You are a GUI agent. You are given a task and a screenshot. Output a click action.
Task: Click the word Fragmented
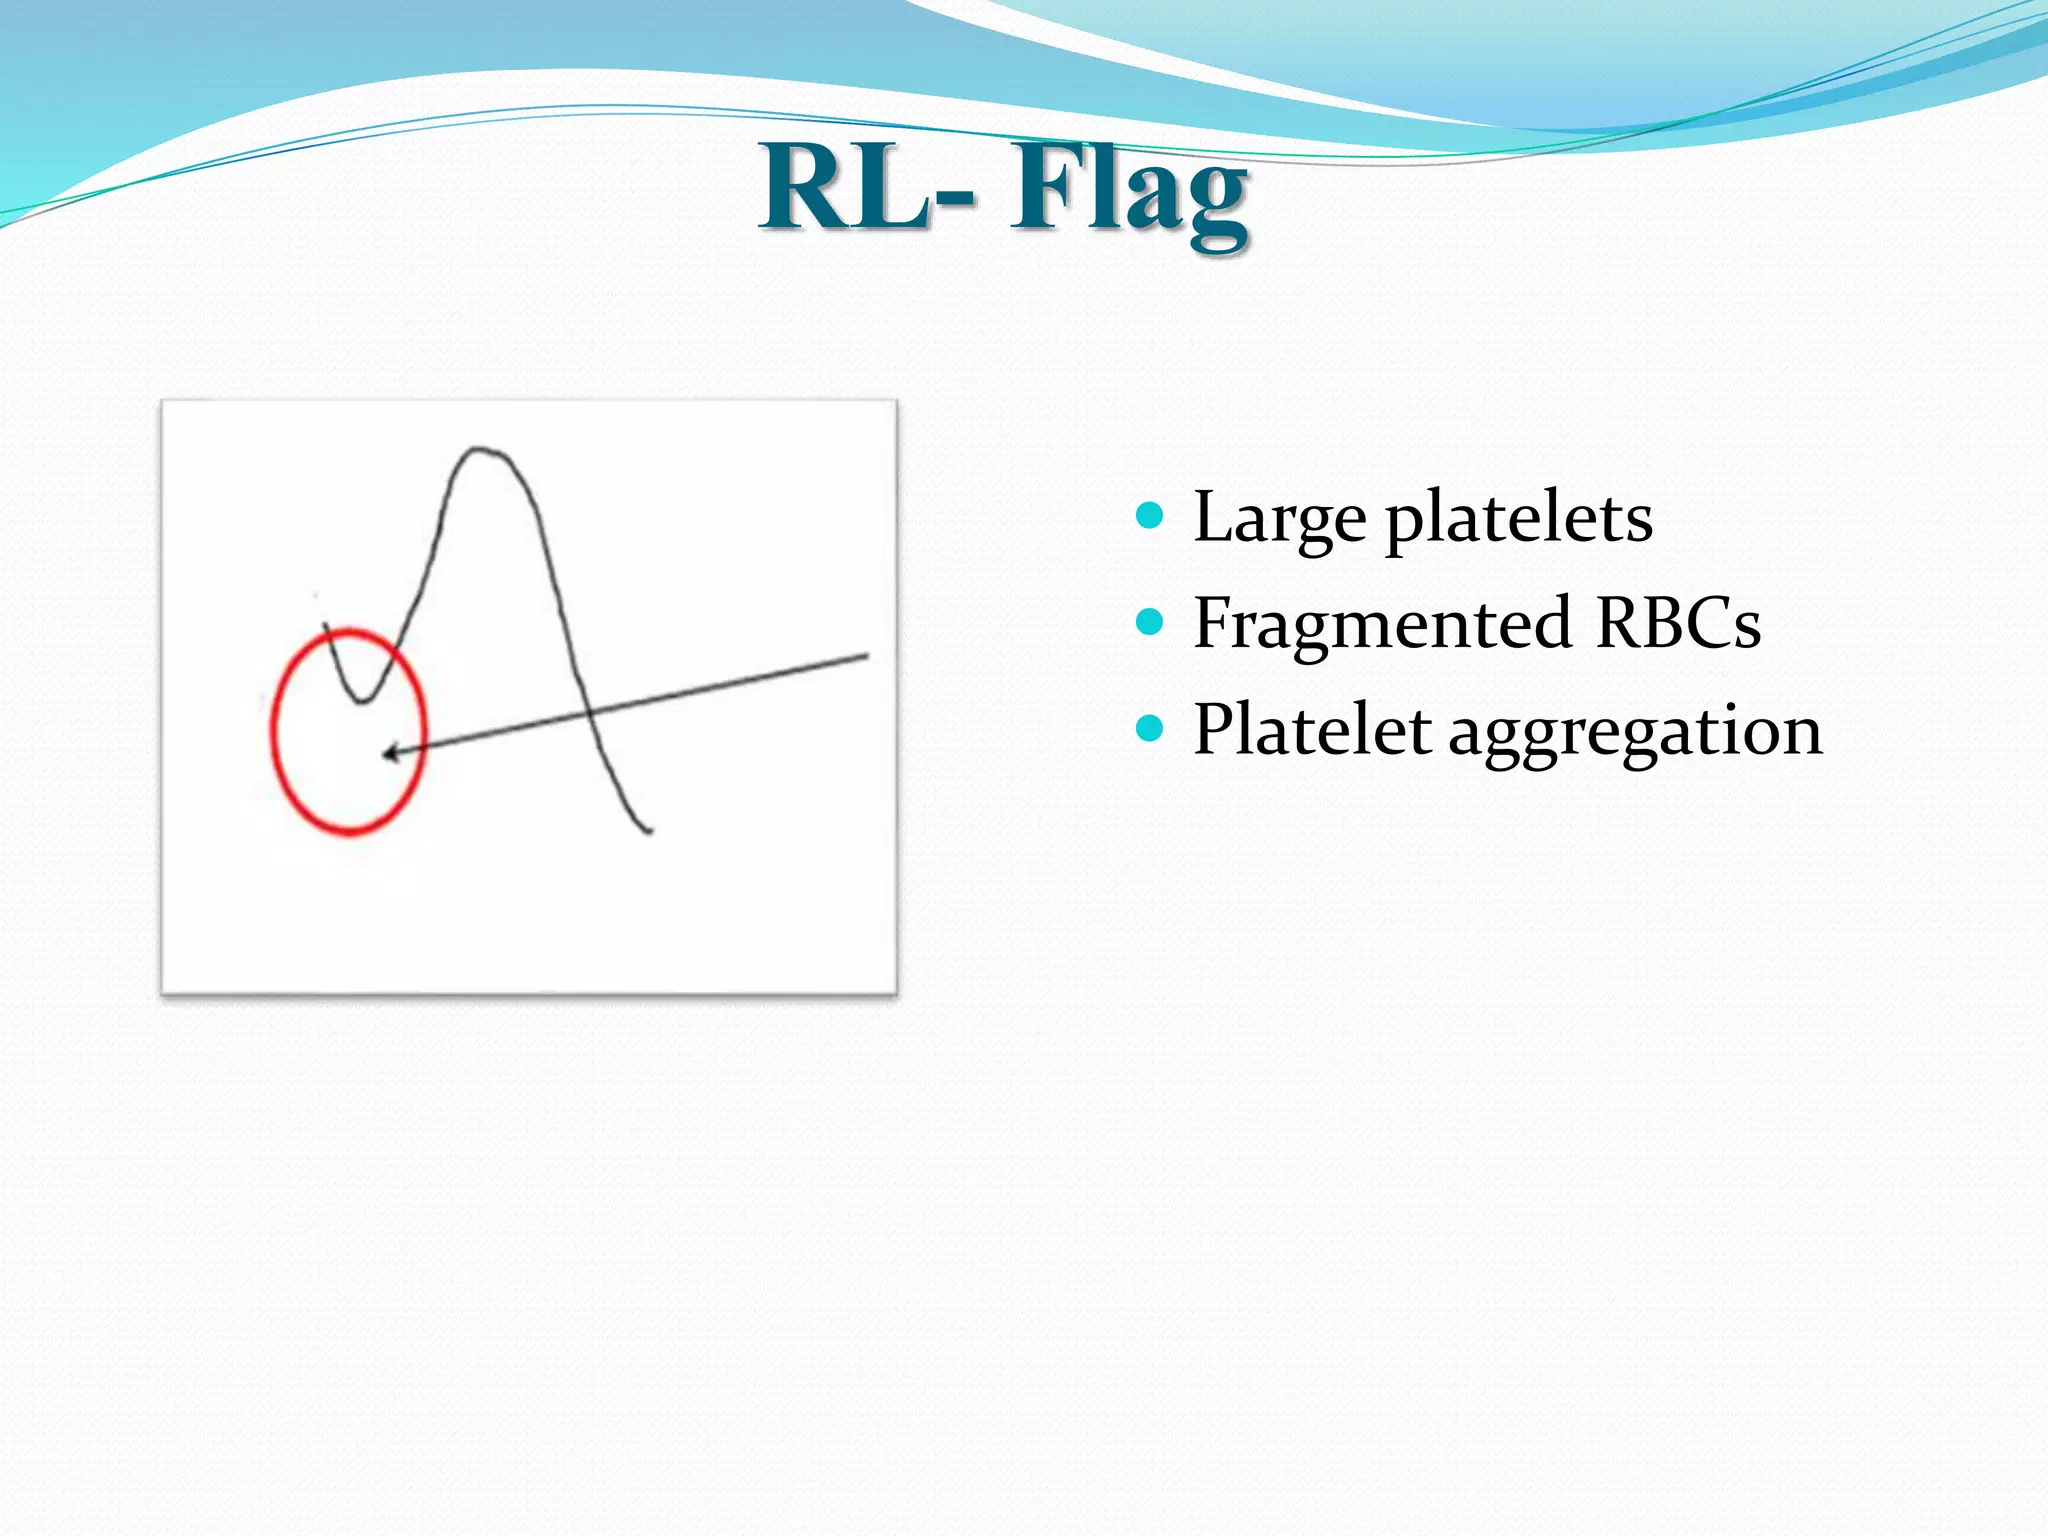[x=1383, y=624]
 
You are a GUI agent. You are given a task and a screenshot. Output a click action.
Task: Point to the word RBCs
[x=1677, y=624]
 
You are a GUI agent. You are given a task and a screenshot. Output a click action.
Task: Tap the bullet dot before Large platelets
[x=1151, y=517]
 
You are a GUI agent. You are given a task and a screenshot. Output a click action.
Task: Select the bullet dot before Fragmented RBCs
[x=1151, y=623]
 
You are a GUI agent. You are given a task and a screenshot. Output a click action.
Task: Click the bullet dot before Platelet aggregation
[x=1151, y=729]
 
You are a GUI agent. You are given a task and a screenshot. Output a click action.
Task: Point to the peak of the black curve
[x=479, y=449]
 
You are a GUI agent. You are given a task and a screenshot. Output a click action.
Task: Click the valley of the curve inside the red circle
[x=362, y=701]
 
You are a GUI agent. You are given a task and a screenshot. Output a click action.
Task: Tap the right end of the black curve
[x=650, y=830]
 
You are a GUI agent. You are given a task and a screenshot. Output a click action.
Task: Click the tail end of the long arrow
[x=866, y=656]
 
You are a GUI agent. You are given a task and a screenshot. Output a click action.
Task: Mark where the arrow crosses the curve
[x=589, y=713]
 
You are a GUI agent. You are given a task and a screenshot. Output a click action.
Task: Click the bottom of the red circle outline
[x=350, y=832]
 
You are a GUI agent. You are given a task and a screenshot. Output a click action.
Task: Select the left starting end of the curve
[x=326, y=625]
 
